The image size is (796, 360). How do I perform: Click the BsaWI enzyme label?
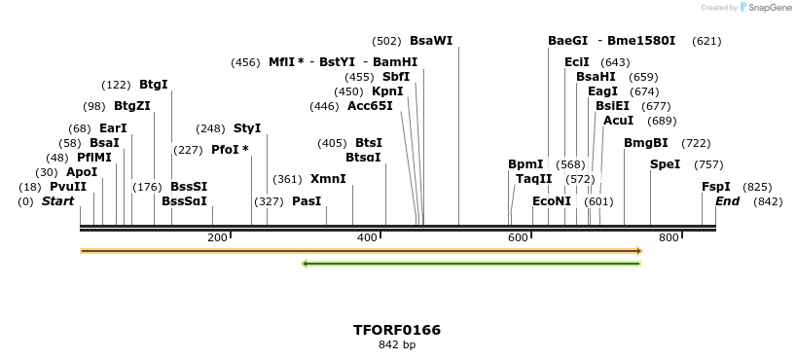(x=431, y=41)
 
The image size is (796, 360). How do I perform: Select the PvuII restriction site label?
(x=68, y=187)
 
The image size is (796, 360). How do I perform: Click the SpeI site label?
(x=665, y=164)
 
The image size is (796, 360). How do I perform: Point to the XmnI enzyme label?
(x=328, y=179)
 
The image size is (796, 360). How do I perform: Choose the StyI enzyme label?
(x=247, y=128)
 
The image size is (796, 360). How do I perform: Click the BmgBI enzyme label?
(x=646, y=143)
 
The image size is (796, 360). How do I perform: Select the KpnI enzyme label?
(x=387, y=91)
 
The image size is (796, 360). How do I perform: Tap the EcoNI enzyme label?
(x=552, y=201)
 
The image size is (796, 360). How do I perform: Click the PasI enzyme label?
(x=307, y=201)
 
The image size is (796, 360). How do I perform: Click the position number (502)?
(x=386, y=41)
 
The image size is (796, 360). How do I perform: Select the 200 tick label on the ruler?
(x=216, y=237)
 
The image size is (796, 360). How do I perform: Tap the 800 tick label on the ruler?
(x=669, y=237)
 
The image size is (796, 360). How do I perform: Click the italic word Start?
(x=57, y=201)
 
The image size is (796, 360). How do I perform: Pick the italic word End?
(x=727, y=201)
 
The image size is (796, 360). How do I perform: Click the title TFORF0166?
(x=397, y=330)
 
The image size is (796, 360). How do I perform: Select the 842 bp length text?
(x=397, y=345)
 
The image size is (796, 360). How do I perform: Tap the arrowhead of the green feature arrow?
(x=306, y=263)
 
